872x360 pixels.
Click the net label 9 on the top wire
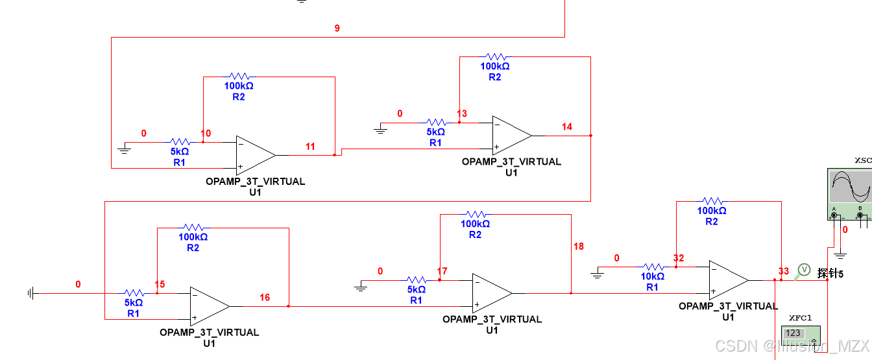tap(337, 29)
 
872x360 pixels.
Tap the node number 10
tap(206, 134)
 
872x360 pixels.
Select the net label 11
tap(310, 147)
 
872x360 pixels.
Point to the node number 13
tap(462, 114)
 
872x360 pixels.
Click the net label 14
tap(567, 127)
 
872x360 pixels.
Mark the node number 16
tap(265, 298)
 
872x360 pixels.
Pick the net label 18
tap(579, 246)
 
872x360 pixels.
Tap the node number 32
tap(679, 258)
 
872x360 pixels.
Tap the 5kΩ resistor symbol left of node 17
tap(417, 280)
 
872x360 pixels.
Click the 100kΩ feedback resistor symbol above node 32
tap(712, 201)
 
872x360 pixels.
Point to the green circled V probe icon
tap(804, 269)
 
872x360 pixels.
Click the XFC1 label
tap(801, 318)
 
